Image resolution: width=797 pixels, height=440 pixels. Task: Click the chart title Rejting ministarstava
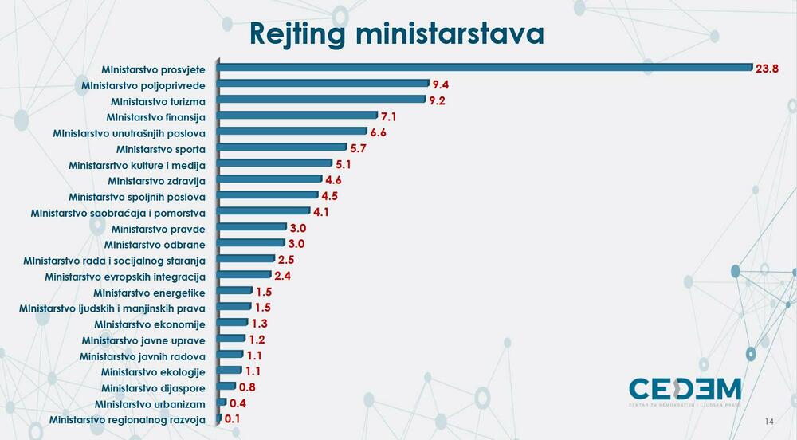(x=396, y=34)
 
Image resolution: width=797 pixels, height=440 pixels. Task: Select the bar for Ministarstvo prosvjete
(x=485, y=69)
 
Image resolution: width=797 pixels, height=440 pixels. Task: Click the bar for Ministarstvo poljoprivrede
(x=323, y=84)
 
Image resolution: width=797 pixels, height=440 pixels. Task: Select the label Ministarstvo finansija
(x=156, y=117)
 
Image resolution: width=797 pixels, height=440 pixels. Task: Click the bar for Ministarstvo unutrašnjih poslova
(x=292, y=132)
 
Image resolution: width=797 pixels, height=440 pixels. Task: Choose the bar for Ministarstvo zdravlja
(x=269, y=180)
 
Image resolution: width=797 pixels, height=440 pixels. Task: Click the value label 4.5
(x=330, y=196)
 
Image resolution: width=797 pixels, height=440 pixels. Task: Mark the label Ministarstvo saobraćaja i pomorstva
(x=118, y=213)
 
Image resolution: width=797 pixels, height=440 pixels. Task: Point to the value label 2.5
(x=287, y=260)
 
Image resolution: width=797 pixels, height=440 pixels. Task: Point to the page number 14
(x=769, y=422)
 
